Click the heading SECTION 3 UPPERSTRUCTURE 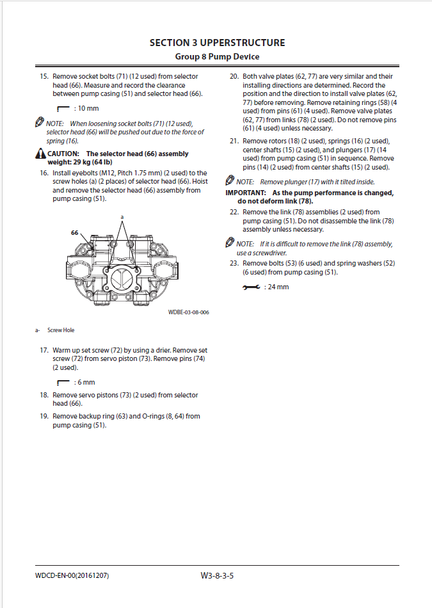[x=217, y=43]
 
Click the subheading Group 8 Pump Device [x=217, y=57]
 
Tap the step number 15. [x=44, y=76]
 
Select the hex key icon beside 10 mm [x=63, y=109]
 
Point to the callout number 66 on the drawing [x=75, y=233]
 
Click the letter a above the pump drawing [x=122, y=218]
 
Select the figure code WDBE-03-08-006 [x=188, y=312]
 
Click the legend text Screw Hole [x=61, y=330]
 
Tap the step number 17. [x=44, y=351]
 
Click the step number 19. [x=44, y=416]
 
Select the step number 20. [x=234, y=76]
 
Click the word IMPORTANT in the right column [x=245, y=193]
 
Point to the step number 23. [x=234, y=263]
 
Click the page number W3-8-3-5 [x=217, y=575]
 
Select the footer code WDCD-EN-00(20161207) [x=72, y=576]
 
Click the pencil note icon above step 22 [x=230, y=243]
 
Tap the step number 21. [x=234, y=141]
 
